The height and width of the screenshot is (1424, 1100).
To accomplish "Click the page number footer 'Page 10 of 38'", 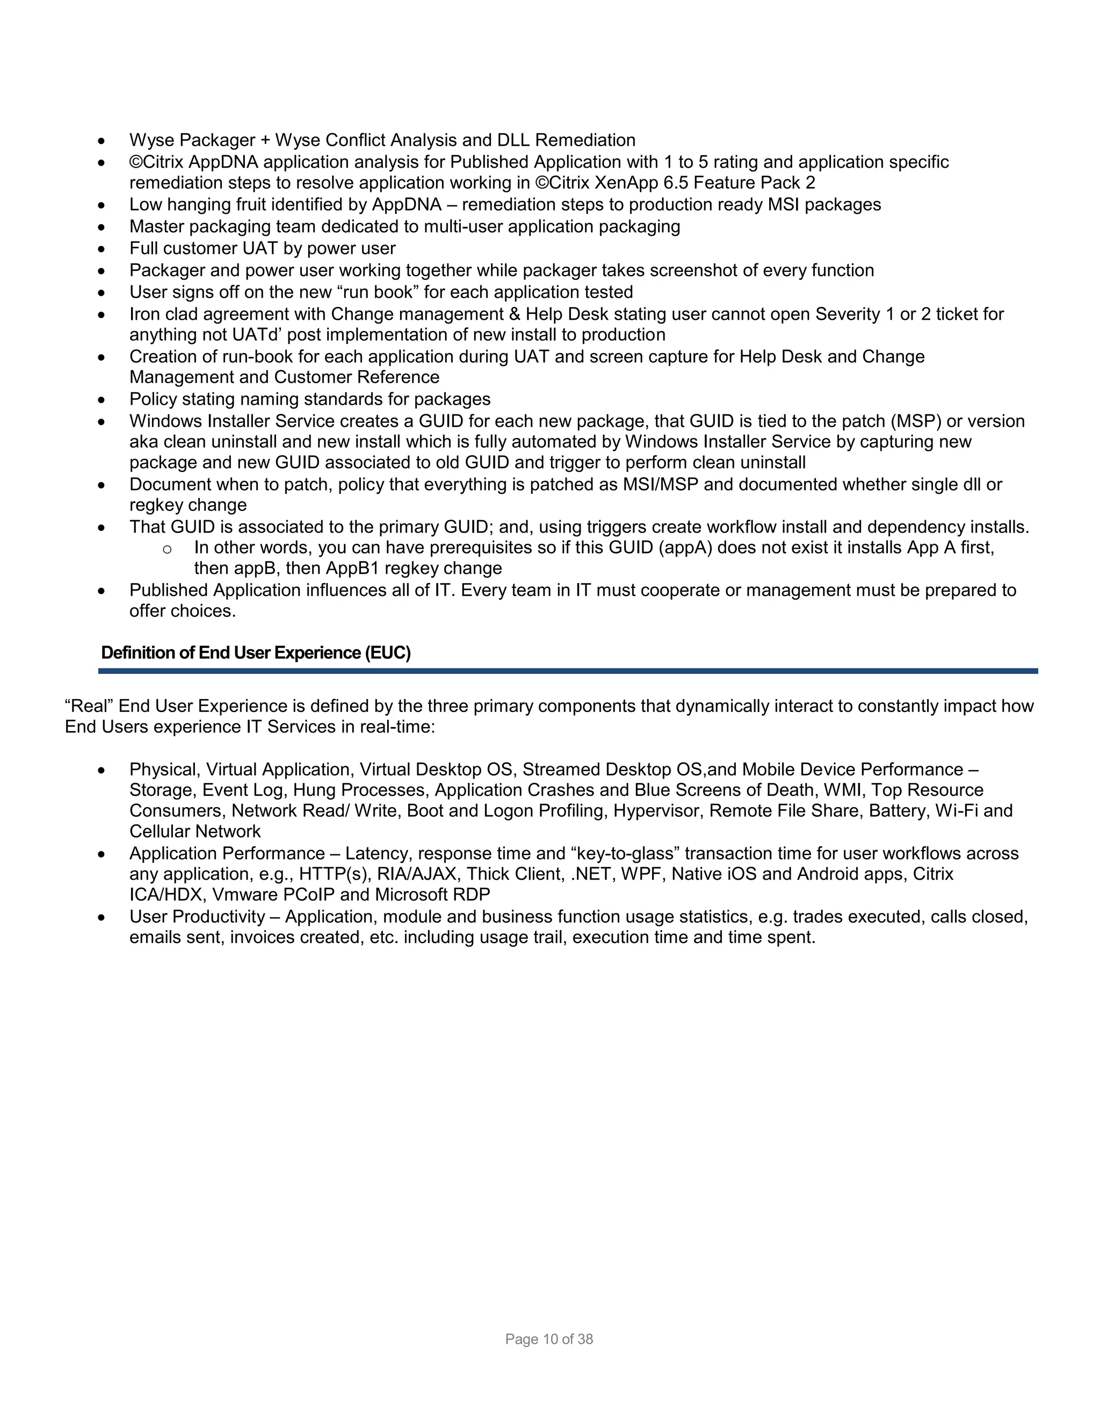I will [x=549, y=1339].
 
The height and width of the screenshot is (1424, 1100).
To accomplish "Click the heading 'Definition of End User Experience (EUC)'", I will [x=256, y=653].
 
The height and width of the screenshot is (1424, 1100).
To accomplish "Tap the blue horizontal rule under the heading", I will [x=567, y=670].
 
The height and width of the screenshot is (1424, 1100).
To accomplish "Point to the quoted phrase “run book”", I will [x=378, y=292].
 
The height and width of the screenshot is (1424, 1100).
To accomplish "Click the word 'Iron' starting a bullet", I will [x=144, y=314].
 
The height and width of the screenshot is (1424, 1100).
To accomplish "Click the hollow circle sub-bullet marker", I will [x=167, y=549].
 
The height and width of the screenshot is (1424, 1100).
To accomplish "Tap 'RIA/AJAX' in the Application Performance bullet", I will [x=416, y=874].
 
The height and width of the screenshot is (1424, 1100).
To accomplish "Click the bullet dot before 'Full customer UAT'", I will [x=101, y=249].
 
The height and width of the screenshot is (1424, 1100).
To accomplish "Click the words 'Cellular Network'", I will [x=195, y=832].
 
